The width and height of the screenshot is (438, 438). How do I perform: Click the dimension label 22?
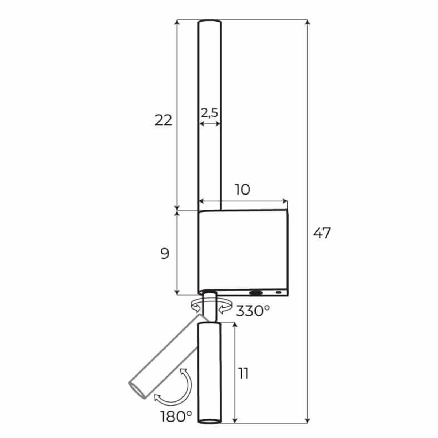click(163, 120)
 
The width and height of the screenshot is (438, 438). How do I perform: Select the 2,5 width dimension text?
click(210, 112)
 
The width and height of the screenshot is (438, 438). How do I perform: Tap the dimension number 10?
click(242, 189)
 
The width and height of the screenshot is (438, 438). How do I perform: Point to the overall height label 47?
click(322, 233)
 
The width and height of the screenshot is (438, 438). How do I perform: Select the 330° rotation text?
click(253, 311)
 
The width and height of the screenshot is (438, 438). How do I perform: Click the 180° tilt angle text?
click(176, 416)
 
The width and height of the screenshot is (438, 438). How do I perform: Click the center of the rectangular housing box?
click(243, 252)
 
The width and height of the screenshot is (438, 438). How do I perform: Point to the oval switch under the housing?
click(256, 293)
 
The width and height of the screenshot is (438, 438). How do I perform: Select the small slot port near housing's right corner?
click(279, 293)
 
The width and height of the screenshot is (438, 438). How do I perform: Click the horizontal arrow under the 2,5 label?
click(210, 124)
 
